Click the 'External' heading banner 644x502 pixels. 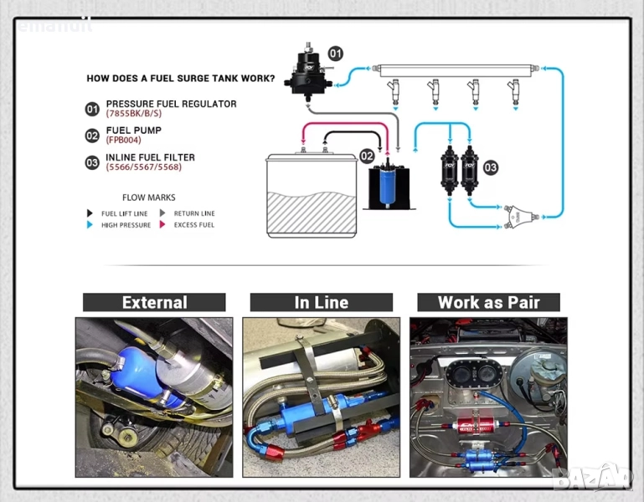coord(154,302)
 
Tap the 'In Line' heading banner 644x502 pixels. coord(321,302)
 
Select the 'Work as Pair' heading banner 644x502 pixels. coord(488,302)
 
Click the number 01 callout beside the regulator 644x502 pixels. coord(335,54)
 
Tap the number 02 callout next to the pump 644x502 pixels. coord(367,156)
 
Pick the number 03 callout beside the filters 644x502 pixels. coord(490,168)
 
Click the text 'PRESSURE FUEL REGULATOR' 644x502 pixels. coord(171,104)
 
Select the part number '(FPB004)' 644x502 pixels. coord(123,141)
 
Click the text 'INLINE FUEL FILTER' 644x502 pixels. coord(150,157)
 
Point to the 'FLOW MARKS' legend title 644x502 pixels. coord(149,197)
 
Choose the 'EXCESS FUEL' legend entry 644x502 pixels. coord(193,225)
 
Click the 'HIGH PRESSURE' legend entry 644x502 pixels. coord(126,225)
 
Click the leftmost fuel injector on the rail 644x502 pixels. coord(394,92)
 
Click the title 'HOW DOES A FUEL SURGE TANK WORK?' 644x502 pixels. coord(180,79)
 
